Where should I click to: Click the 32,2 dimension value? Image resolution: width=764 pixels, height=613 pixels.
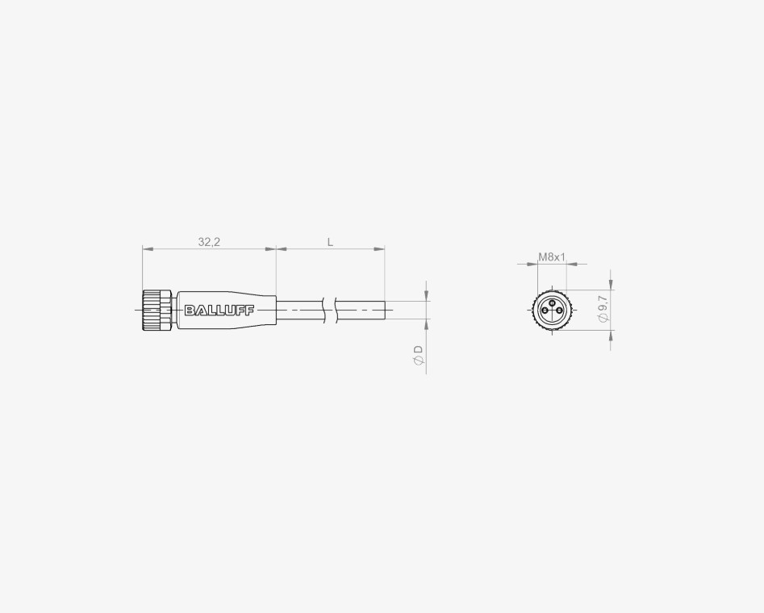pos(209,242)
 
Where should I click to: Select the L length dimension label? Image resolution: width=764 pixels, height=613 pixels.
pos(330,242)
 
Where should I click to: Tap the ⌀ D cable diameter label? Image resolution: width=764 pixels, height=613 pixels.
pos(419,355)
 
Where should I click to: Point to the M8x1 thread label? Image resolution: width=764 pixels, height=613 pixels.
pos(552,256)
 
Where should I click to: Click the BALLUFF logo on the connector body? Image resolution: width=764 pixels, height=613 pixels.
pos(219,310)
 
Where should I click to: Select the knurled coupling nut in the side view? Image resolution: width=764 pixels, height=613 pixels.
pos(157,310)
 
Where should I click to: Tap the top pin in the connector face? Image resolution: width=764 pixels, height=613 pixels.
pos(552,303)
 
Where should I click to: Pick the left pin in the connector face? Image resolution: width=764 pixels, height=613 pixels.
pos(545,311)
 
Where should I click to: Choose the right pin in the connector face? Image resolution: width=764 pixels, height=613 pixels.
pos(559,311)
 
